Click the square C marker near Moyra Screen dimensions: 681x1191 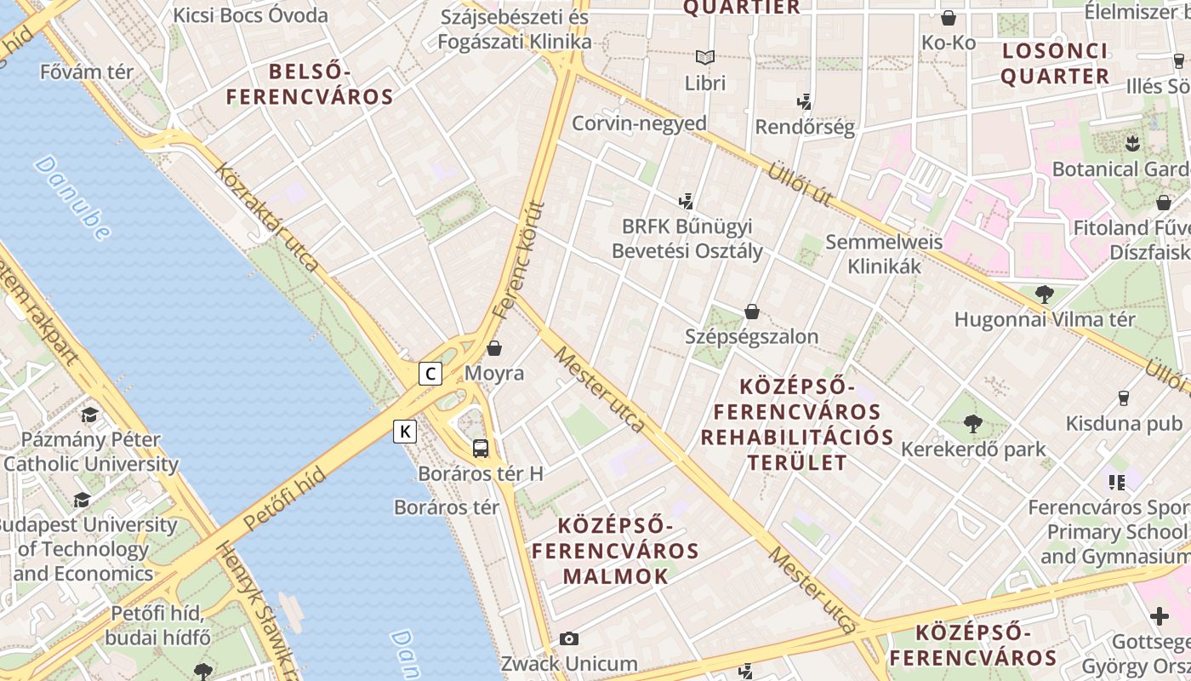[430, 373]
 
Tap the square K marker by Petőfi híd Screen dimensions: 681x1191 [405, 432]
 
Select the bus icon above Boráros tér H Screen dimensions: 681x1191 [481, 448]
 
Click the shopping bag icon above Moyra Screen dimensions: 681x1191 [494, 348]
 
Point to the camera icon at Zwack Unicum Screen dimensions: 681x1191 [568, 638]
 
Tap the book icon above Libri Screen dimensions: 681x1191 [705, 58]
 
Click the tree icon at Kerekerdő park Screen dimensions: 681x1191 [973, 423]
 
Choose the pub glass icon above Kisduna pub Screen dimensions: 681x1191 [1123, 398]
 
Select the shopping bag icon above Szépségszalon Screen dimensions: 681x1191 [751, 312]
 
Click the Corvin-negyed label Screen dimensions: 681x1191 [639, 123]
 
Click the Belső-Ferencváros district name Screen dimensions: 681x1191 [310, 83]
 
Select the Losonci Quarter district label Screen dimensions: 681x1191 [1055, 64]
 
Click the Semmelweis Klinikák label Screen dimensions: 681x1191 [884, 254]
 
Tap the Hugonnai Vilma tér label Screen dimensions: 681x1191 [1045, 320]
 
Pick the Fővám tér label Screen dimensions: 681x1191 [87, 72]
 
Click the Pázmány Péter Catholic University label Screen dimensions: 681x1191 [91, 452]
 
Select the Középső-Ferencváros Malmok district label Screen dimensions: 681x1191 [616, 551]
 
